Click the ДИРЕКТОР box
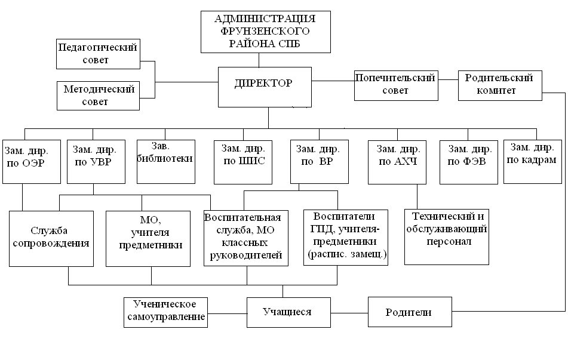(265, 86)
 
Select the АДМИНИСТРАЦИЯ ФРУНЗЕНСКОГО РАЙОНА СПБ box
(259, 31)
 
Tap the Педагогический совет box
(98, 54)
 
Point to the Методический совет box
(99, 96)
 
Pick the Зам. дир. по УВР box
(94, 161)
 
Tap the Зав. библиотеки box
(165, 161)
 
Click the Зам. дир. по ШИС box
(243, 161)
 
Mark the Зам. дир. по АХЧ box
(397, 162)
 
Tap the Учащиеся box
(288, 312)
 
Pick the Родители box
(409, 312)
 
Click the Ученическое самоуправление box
(166, 312)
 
